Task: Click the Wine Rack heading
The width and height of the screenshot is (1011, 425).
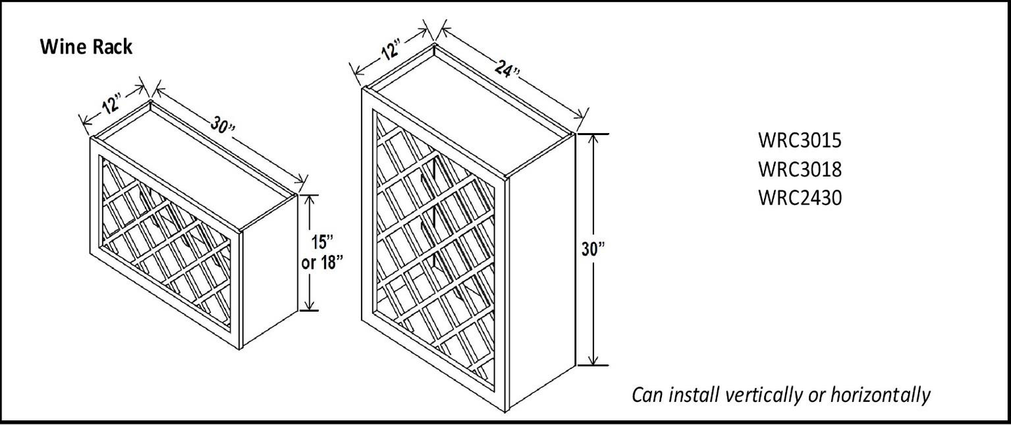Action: (87, 47)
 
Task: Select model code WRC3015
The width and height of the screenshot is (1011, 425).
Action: (799, 141)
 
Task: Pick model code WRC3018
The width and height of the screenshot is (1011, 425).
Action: (799, 169)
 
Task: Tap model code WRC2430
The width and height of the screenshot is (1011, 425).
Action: (799, 198)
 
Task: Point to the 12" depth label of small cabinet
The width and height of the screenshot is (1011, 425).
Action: (110, 104)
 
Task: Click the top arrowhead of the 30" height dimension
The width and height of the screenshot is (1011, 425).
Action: (593, 137)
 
